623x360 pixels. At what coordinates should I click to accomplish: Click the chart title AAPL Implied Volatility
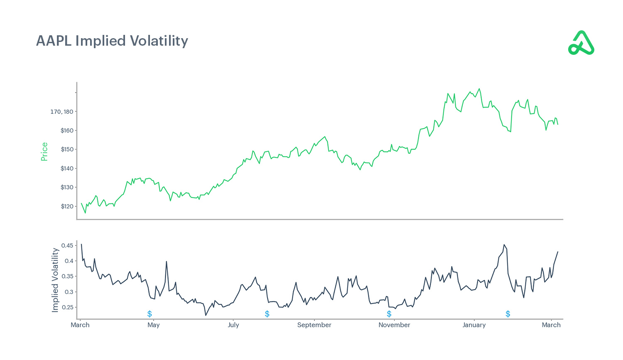click(x=112, y=41)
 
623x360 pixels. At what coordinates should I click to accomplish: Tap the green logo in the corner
click(x=581, y=43)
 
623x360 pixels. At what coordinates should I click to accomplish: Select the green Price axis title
click(x=44, y=152)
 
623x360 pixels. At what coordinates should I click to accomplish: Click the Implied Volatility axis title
click(x=55, y=280)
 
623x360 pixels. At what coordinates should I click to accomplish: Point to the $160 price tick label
click(x=67, y=130)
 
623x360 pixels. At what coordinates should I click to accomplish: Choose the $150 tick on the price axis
click(x=67, y=149)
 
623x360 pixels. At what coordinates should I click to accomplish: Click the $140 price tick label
click(x=67, y=169)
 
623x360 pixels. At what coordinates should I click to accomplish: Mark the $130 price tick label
click(x=67, y=187)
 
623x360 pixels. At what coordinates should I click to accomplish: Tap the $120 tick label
click(x=67, y=206)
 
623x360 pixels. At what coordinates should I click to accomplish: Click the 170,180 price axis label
click(x=62, y=112)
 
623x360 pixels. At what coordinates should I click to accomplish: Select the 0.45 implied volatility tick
click(x=67, y=245)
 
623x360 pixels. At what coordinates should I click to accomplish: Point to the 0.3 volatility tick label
click(x=69, y=292)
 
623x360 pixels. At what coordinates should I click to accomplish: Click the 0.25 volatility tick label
click(x=67, y=307)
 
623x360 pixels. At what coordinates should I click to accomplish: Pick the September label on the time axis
click(x=314, y=325)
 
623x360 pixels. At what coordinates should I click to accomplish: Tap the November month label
click(x=394, y=325)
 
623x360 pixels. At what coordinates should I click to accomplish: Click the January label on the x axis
click(x=474, y=325)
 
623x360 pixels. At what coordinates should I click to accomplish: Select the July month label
click(x=233, y=325)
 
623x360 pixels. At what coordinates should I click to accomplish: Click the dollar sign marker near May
click(x=150, y=314)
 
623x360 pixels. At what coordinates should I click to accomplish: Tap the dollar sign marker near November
click(x=389, y=314)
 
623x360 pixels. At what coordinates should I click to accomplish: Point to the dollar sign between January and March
click(x=508, y=314)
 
